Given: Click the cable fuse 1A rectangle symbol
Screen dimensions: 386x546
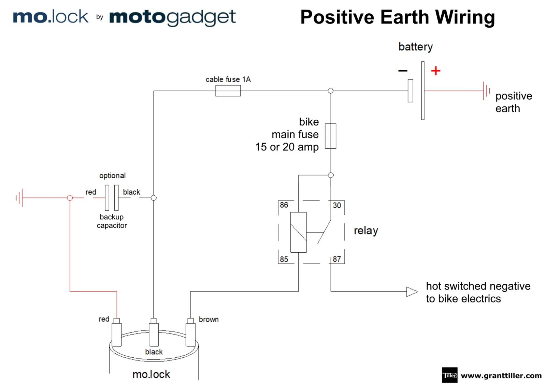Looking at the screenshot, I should pyautogui.click(x=228, y=91).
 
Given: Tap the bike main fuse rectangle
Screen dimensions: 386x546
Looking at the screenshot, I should pyautogui.click(x=330, y=136).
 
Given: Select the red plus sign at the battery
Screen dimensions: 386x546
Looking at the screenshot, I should pyautogui.click(x=435, y=71).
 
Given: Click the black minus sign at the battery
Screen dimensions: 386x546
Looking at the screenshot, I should pyautogui.click(x=403, y=71).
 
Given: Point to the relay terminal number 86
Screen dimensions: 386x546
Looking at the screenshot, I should pyautogui.click(x=284, y=205).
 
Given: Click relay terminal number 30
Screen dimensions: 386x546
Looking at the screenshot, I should pyautogui.click(x=337, y=205).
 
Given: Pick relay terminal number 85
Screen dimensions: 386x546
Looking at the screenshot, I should pyautogui.click(x=284, y=259).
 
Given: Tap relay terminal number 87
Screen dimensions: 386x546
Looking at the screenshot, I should pyautogui.click(x=337, y=259).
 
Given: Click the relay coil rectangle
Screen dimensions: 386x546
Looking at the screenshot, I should pyautogui.click(x=298, y=232).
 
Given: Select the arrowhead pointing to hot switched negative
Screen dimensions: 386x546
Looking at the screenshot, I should pyautogui.click(x=412, y=292).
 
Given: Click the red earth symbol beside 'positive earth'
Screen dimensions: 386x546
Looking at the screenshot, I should pyautogui.click(x=486, y=91).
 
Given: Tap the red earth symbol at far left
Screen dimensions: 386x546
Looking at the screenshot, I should pyautogui.click(x=19, y=198).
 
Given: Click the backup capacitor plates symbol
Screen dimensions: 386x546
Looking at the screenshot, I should pyautogui.click(x=112, y=198).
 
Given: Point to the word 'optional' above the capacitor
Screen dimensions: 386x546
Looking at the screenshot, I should pyautogui.click(x=112, y=176).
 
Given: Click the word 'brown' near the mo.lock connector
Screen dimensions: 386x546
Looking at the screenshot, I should pyautogui.click(x=209, y=320).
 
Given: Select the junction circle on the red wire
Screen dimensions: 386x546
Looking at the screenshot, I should pyautogui.click(x=70, y=198).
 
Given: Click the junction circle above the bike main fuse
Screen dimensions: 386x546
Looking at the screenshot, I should pyautogui.click(x=330, y=91).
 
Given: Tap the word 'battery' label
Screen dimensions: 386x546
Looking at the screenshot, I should pyautogui.click(x=415, y=47).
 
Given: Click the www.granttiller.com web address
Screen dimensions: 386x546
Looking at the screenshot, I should pyautogui.click(x=501, y=375).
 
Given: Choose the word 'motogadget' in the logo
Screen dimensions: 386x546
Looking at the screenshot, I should pyautogui.click(x=172, y=17).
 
